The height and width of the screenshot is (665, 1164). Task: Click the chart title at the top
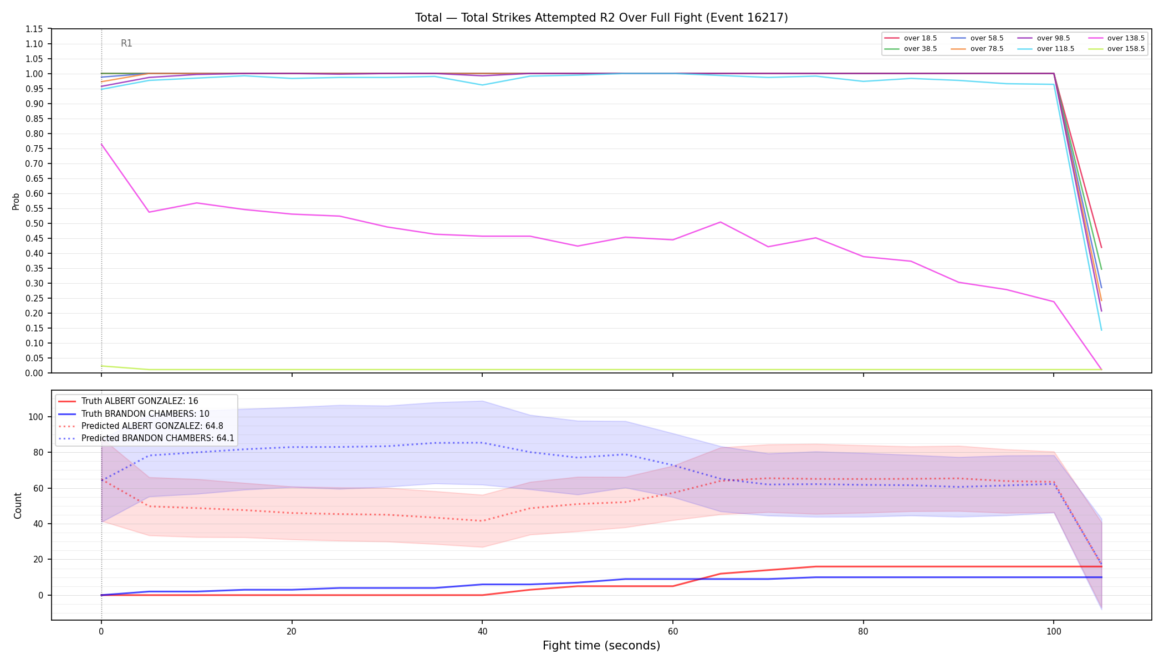601,18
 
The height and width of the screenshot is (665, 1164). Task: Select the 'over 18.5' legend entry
911,38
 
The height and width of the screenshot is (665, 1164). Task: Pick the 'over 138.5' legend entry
1117,38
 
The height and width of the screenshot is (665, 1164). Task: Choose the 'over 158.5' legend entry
1117,49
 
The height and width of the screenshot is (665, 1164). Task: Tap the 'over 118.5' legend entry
1046,49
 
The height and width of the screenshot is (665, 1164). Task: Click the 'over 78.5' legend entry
977,49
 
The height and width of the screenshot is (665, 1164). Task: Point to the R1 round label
126,43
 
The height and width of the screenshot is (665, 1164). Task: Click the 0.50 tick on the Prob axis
34,223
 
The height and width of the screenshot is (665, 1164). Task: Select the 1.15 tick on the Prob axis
34,29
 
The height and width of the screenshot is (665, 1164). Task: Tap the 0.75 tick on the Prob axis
34,149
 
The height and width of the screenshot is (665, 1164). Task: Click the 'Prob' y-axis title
16,201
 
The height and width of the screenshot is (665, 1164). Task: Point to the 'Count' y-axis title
18,505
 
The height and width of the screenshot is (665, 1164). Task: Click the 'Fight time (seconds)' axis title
601,646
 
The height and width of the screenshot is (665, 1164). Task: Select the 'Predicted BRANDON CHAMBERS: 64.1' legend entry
146,438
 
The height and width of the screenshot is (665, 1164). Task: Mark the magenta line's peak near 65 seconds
721,222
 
